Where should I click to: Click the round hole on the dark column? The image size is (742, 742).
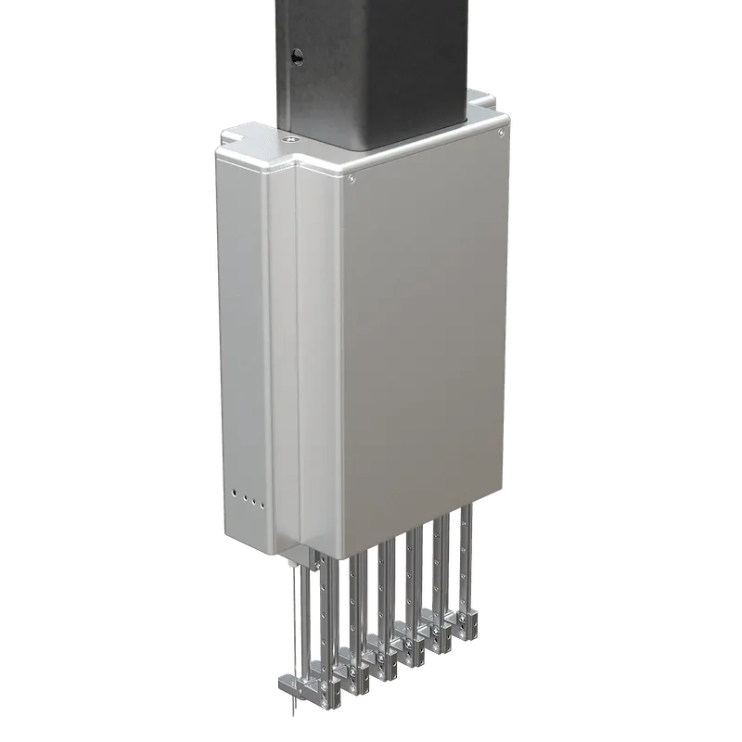click(297, 57)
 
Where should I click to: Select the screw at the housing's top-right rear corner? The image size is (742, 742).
click(501, 133)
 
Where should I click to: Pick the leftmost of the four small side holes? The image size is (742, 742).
click(234, 494)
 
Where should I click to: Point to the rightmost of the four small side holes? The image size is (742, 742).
click(262, 505)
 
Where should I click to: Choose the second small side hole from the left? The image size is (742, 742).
click(243, 498)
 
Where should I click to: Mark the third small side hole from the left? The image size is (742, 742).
click(252, 502)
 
